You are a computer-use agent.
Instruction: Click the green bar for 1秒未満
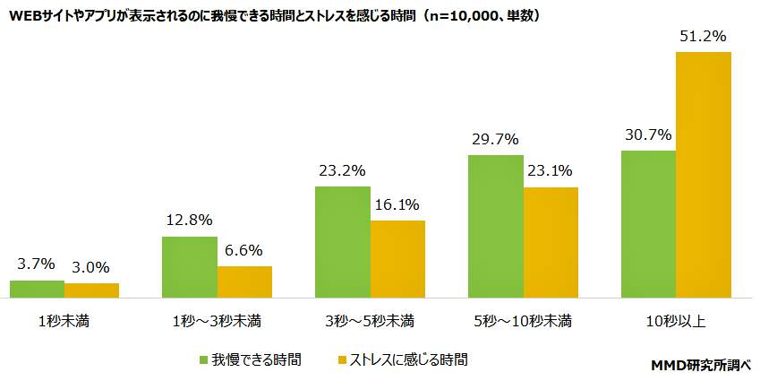(37, 288)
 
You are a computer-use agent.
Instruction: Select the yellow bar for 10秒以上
(704, 174)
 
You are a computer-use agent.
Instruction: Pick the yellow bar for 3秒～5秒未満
(397, 258)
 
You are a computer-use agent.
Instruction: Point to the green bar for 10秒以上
(648, 223)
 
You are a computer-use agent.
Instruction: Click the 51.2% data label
(702, 37)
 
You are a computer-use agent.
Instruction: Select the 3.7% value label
(37, 264)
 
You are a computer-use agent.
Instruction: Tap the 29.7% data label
(495, 139)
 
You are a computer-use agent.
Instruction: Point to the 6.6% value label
(244, 250)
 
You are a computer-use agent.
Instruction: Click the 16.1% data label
(397, 204)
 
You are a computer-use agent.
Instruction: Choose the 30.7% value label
(648, 134)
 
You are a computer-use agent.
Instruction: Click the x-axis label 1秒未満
(64, 320)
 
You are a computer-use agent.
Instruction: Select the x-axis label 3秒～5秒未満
(370, 320)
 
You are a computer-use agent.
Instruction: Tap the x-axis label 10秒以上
(676, 320)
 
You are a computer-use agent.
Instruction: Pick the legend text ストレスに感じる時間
(407, 359)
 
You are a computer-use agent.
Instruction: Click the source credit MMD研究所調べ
(701, 365)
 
